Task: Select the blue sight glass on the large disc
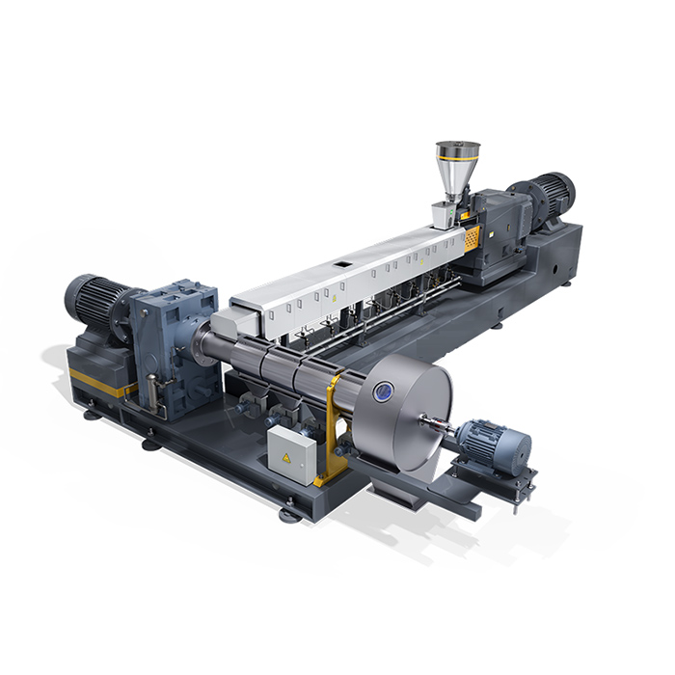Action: (384, 390)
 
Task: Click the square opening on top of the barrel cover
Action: (342, 261)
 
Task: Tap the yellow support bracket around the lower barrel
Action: (333, 424)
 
